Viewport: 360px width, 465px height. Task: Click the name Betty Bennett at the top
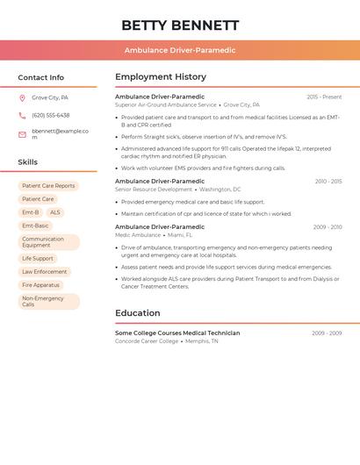coord(180,25)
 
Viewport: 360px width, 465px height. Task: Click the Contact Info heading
coord(41,77)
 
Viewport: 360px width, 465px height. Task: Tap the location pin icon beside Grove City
coord(22,97)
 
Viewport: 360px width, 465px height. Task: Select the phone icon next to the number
coord(22,115)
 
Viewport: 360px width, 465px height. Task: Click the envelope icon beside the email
coord(22,134)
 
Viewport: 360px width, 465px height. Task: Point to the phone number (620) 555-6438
coord(51,115)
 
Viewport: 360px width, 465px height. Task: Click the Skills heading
coord(28,162)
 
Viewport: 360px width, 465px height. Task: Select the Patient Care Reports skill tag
coord(48,186)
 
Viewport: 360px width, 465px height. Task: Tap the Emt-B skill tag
coord(30,212)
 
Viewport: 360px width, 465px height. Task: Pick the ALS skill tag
coord(55,212)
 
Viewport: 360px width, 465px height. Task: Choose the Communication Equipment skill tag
coord(48,242)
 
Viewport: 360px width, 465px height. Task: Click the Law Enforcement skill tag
coord(45,272)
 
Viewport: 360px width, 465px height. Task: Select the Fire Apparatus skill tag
coord(41,285)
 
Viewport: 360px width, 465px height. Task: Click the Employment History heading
coord(161,77)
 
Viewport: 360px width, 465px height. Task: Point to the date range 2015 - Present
coord(324,97)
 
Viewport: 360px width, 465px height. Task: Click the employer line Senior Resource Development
coord(154,190)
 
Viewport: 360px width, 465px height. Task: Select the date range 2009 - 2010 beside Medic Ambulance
coord(328,226)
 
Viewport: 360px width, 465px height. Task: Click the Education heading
coord(138,313)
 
